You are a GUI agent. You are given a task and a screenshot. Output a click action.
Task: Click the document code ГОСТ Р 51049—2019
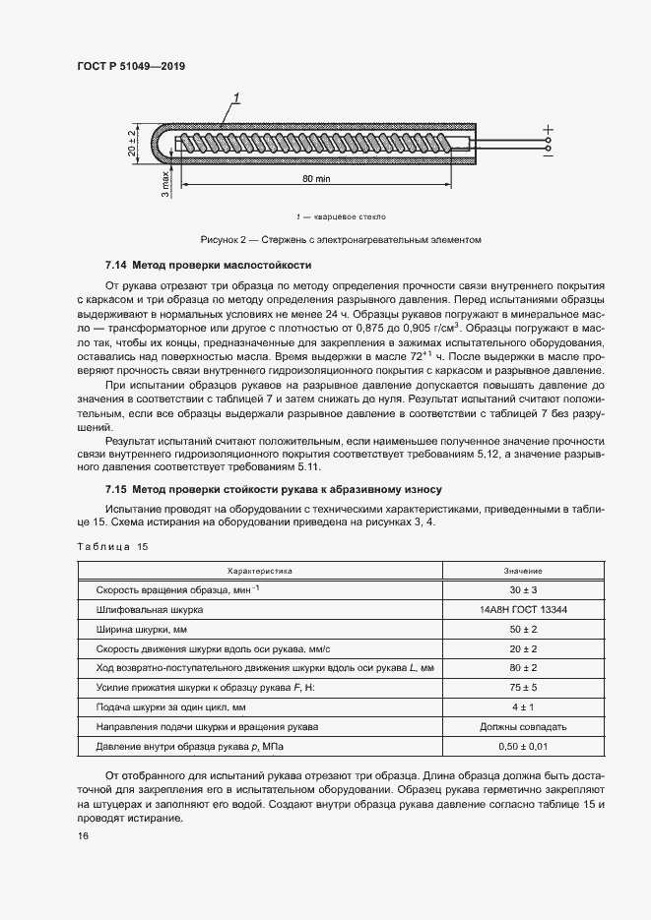pos(130,66)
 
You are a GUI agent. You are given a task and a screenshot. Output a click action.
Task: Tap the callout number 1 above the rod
pos(236,96)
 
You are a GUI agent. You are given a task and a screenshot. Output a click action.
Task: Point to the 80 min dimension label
pos(315,179)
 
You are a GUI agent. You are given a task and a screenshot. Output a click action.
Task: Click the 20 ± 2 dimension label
pos(131,142)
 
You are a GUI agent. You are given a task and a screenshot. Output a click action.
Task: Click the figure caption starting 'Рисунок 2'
pos(341,239)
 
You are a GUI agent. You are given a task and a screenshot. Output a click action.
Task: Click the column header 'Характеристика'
pos(261,571)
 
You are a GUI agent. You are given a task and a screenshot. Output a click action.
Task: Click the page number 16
pos(83,835)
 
